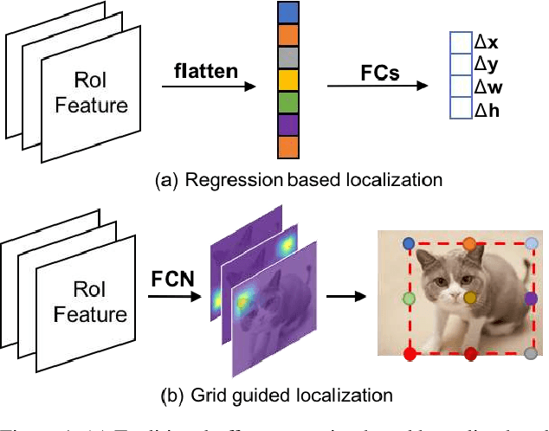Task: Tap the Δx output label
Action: (x=486, y=41)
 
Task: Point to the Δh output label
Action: (x=486, y=110)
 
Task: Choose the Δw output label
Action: (x=487, y=87)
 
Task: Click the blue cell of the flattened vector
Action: (x=288, y=13)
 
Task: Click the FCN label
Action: (x=173, y=280)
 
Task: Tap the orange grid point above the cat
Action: (x=469, y=243)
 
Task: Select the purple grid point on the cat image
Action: (x=531, y=298)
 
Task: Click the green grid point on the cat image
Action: (x=409, y=299)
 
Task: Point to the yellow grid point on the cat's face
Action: (x=470, y=298)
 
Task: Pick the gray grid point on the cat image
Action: (x=531, y=353)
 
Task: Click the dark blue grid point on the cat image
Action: (x=410, y=244)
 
